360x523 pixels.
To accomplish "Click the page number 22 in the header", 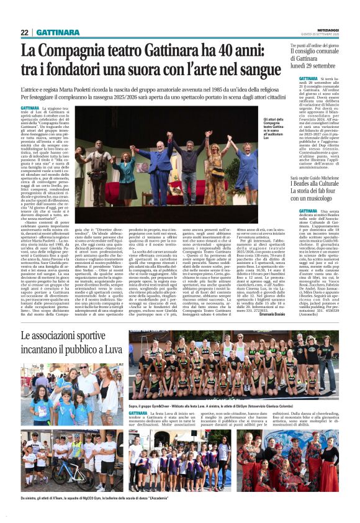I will coord(24,32).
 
